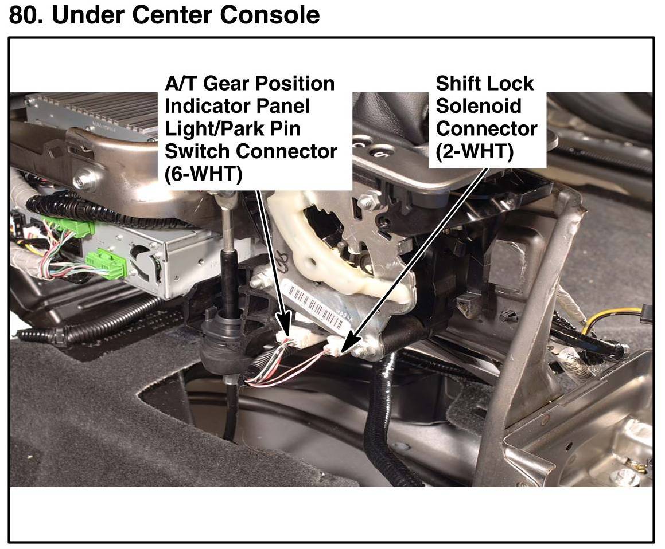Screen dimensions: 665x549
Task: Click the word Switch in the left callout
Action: tap(197, 151)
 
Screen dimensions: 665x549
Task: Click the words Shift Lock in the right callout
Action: tap(484, 84)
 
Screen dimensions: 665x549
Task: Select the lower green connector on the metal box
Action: tap(105, 264)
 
